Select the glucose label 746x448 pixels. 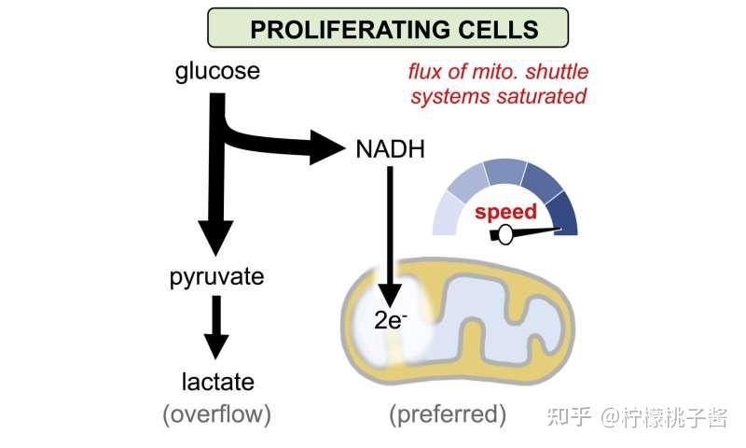point(217,72)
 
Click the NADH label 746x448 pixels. point(390,149)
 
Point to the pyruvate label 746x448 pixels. point(217,277)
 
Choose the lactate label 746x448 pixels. point(218,382)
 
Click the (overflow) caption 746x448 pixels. point(217,413)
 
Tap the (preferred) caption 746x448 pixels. point(448,413)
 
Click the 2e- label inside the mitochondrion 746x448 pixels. point(391,320)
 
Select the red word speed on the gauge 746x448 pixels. point(505,212)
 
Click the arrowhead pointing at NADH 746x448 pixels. point(327,147)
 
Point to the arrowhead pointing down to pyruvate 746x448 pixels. point(216,238)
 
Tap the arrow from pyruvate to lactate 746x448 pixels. point(216,327)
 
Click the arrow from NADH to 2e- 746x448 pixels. point(390,237)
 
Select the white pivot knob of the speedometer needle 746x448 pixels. point(504,234)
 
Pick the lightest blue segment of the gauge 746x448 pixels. point(449,216)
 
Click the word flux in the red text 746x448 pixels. point(425,72)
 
